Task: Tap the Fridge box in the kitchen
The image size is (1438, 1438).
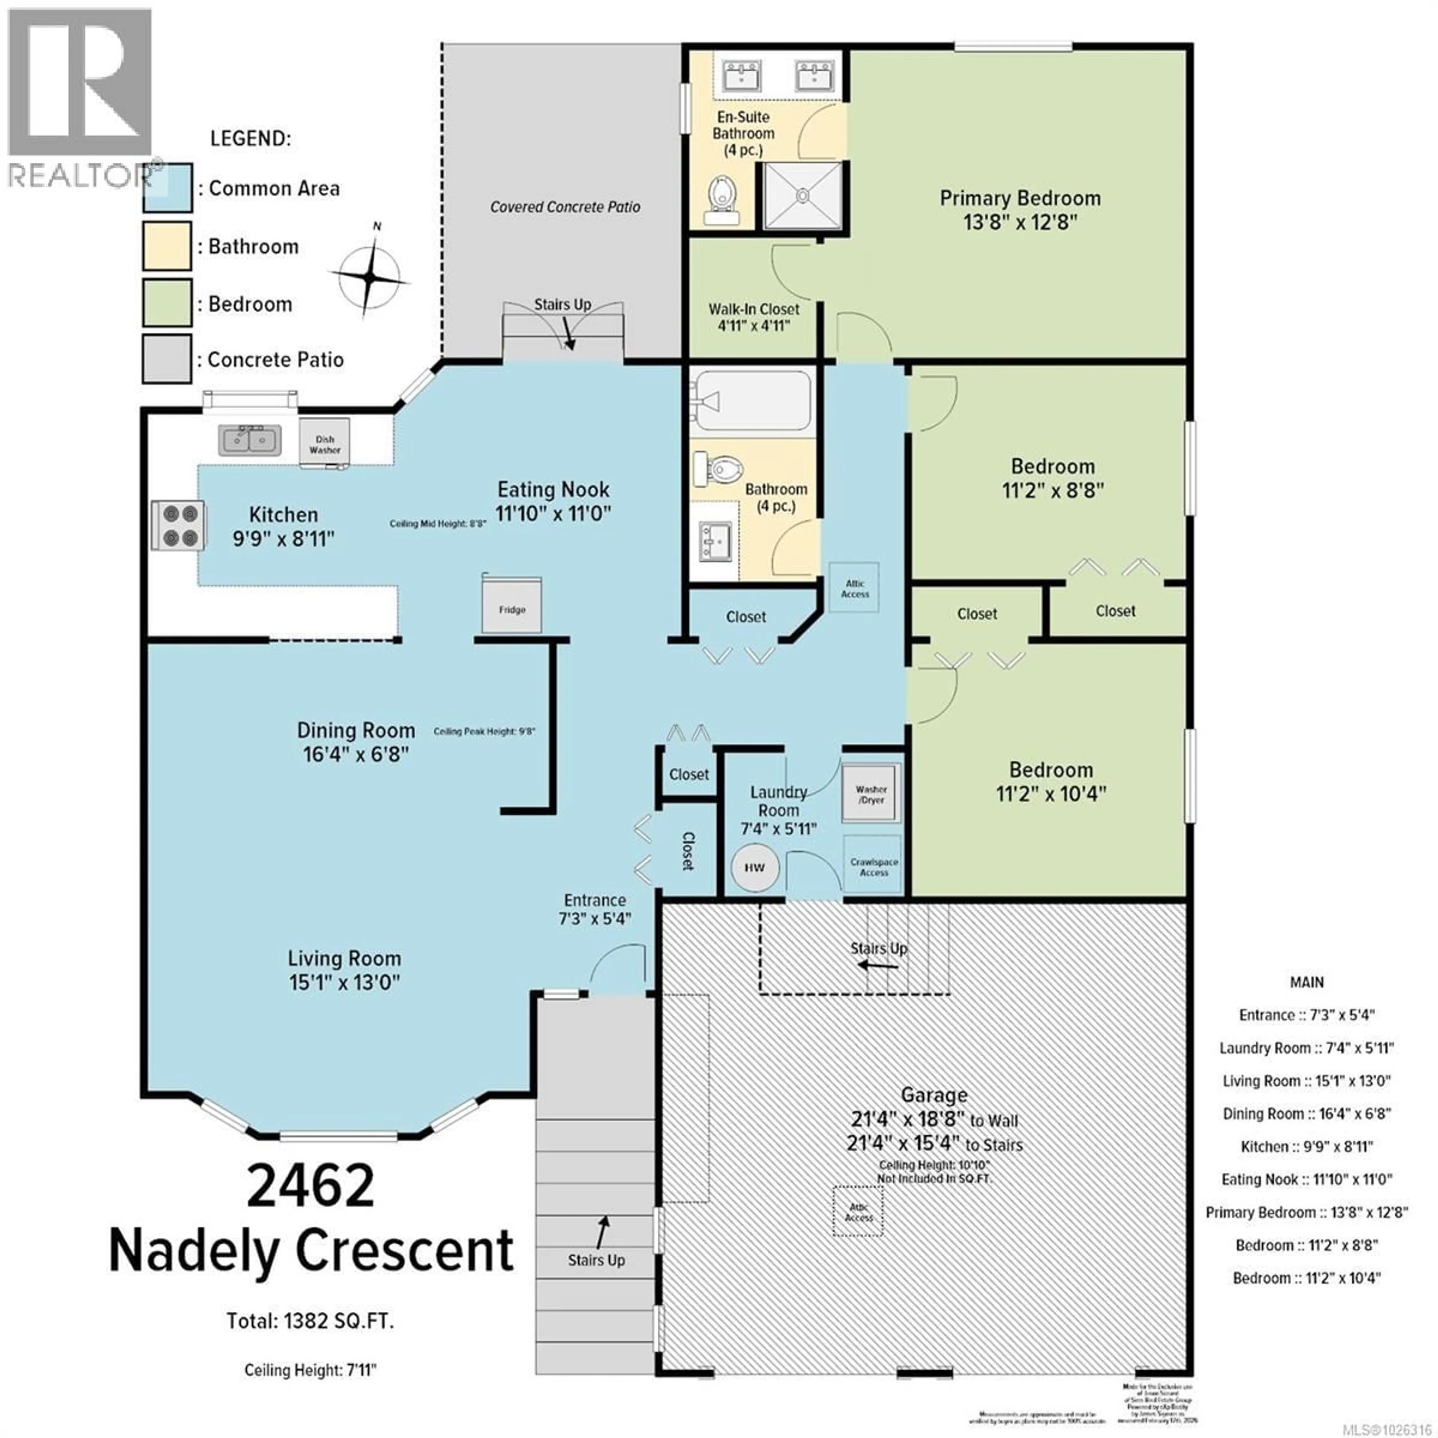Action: point(512,607)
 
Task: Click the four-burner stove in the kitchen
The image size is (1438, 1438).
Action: point(179,525)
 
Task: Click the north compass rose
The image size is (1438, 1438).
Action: point(370,277)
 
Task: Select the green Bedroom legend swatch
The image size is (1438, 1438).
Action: point(167,303)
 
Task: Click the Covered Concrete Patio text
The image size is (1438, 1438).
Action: point(565,207)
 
